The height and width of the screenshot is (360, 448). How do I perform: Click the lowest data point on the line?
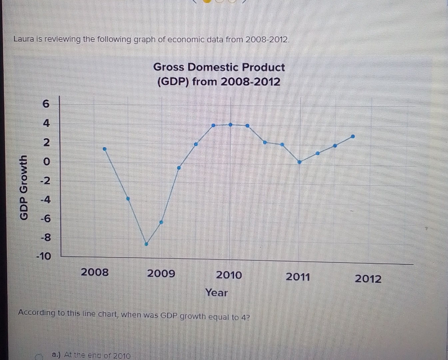pos(146,244)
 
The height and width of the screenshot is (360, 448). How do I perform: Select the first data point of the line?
pos(105,149)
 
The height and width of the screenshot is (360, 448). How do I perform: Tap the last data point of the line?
pos(353,136)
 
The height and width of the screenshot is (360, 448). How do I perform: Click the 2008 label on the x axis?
pos(95,272)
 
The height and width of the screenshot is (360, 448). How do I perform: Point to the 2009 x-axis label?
pos(161,274)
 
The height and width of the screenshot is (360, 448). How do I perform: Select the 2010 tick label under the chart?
pos(229,275)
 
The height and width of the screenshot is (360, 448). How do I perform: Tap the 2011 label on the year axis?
pos(298,277)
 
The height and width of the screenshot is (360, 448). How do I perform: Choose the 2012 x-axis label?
pos(368,278)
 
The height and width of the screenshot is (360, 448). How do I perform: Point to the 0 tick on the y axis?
pos(46,162)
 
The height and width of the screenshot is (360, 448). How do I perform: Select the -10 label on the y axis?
pos(44,256)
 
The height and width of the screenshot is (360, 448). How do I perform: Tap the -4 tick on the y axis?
pos(45,200)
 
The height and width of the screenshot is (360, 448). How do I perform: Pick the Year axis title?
pos(217,293)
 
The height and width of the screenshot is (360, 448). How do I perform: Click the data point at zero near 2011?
pos(299,162)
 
